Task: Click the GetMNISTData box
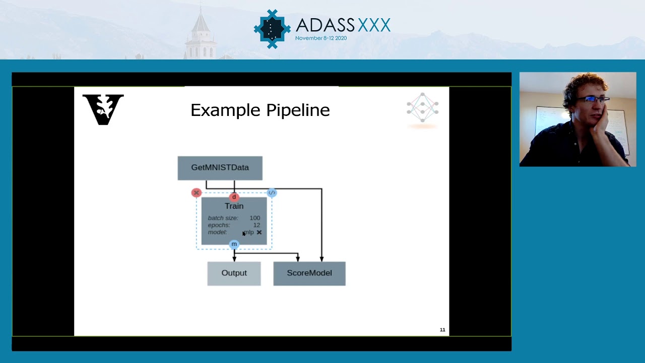point(220,168)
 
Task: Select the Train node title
point(234,206)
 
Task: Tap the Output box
point(234,273)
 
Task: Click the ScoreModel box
point(309,273)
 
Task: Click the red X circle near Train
point(197,193)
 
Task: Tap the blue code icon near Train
point(272,193)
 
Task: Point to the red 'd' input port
point(234,197)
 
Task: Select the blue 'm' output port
point(234,245)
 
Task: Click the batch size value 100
point(254,218)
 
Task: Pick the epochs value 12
point(256,225)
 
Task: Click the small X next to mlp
point(259,232)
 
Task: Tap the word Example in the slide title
point(225,110)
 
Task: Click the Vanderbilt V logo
point(103,109)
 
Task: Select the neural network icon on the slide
point(422,107)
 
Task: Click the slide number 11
point(442,330)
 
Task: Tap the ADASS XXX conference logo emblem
point(272,29)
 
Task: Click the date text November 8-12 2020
point(320,38)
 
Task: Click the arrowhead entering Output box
point(234,259)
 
